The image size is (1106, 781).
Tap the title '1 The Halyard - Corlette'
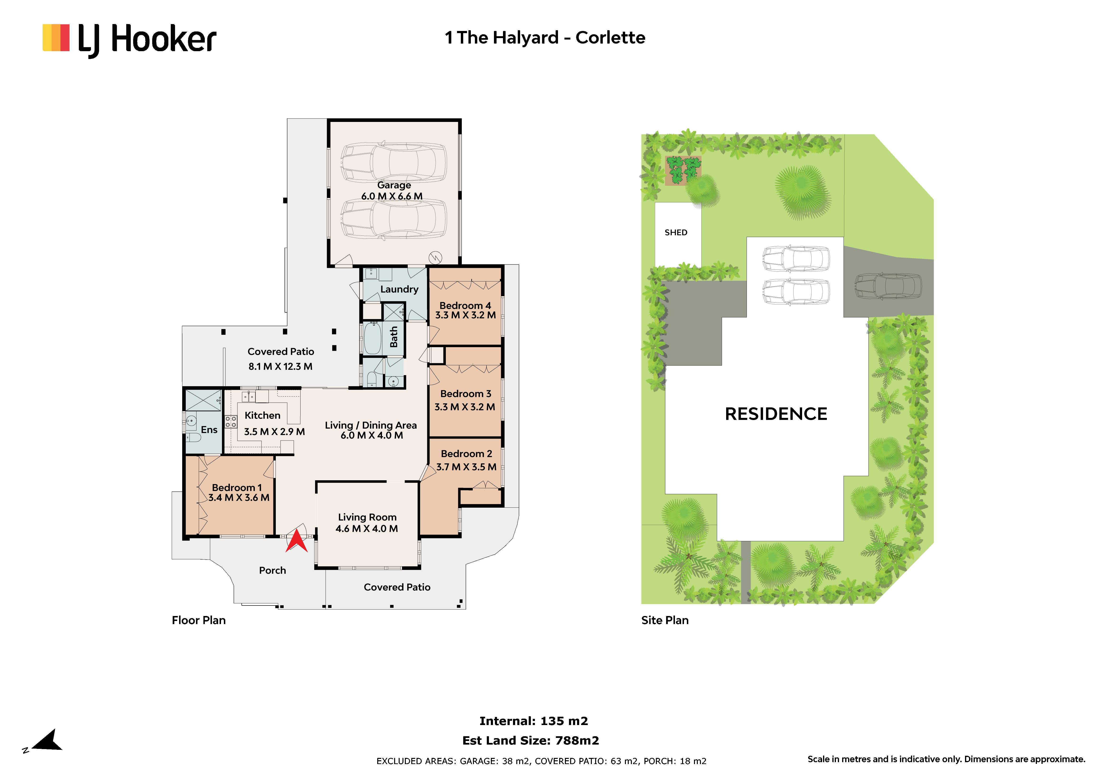coord(545,38)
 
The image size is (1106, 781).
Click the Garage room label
coord(394,185)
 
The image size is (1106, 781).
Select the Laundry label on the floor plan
coord(399,289)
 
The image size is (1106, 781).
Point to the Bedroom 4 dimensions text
coord(465,315)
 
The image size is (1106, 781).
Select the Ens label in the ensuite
coord(209,430)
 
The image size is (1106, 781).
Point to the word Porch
coord(273,571)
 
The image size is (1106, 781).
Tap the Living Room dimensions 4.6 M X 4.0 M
coord(367,529)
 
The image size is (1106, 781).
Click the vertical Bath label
coord(394,337)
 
